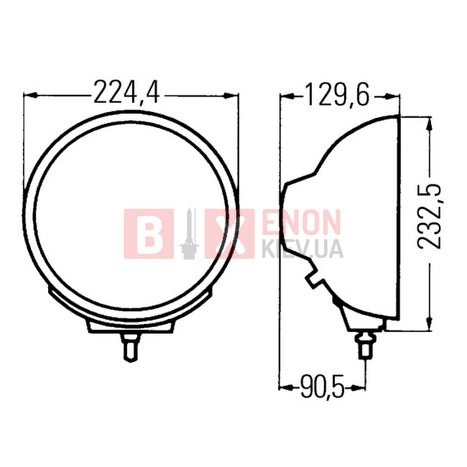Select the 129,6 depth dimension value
click(x=338, y=94)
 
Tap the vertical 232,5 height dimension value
click(x=429, y=217)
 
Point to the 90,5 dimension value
click(x=322, y=387)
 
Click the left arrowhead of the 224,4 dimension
click(x=31, y=95)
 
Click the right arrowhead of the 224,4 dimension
click(x=231, y=95)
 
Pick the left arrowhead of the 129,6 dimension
click(x=287, y=96)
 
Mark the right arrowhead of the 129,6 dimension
click(x=392, y=96)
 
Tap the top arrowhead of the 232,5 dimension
click(x=429, y=124)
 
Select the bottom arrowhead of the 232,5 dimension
click(x=429, y=324)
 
